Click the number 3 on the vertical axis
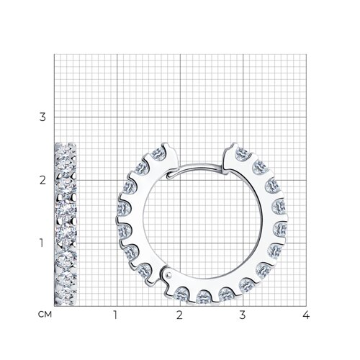[42, 117]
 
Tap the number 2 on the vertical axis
[42, 180]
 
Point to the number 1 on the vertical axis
[42, 243]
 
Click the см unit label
[45, 315]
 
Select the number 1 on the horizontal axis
[116, 315]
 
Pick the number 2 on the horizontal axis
[179, 315]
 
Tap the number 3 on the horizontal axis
[243, 315]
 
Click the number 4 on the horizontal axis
[306, 315]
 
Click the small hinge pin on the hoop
[169, 274]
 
